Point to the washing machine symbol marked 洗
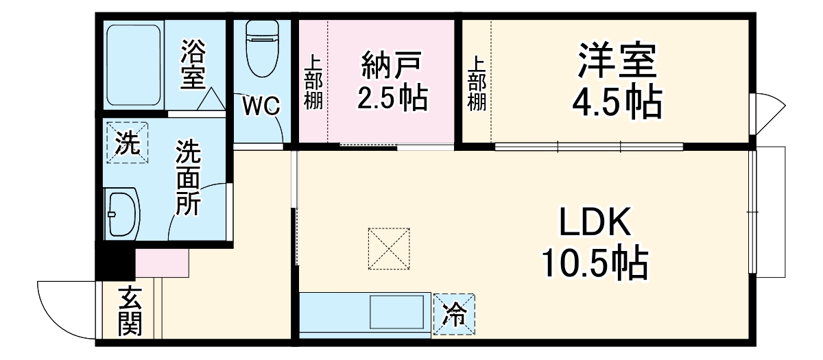(126, 143)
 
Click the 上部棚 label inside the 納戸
(313, 82)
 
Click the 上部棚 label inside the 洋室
(477, 82)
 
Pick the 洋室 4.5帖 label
(617, 81)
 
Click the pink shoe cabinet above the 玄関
(162, 263)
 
